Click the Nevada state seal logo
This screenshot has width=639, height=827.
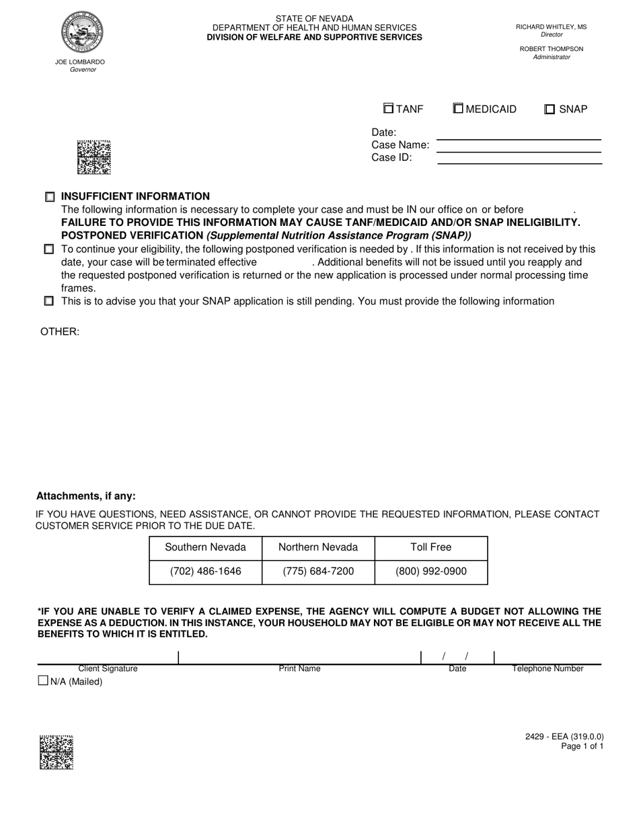tap(82, 32)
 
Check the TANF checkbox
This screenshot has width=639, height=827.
tap(388, 108)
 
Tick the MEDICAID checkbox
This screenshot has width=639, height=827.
tap(458, 108)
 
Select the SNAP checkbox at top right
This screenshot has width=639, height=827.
tap(550, 109)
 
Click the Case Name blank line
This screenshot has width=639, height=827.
tap(519, 146)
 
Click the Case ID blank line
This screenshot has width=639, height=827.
tap(519, 158)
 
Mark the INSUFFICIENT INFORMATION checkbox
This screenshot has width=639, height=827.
tap(50, 197)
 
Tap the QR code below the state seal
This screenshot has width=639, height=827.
tap(93, 157)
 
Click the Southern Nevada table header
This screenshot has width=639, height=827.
tap(205, 547)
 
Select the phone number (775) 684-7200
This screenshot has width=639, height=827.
tap(318, 572)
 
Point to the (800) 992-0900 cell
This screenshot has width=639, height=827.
tap(430, 572)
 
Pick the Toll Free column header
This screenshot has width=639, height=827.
tap(430, 547)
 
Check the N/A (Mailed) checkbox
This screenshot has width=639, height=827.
tap(44, 680)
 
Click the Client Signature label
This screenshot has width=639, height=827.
tap(108, 669)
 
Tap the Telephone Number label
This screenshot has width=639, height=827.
tap(548, 669)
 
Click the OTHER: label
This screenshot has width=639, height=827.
tap(60, 331)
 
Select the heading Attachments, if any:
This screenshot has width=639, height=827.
tap(85, 496)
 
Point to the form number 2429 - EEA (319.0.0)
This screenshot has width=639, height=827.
tap(564, 736)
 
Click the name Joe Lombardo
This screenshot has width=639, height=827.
tap(80, 62)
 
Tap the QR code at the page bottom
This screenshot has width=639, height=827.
tap(57, 752)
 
